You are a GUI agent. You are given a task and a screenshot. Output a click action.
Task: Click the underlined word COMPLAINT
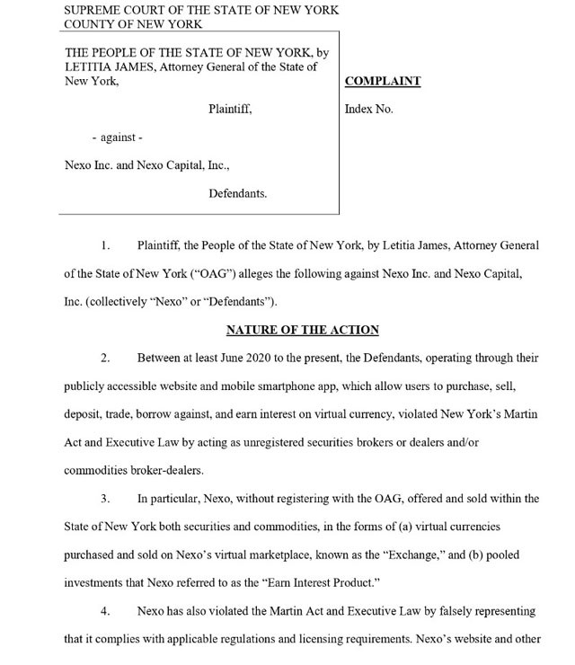(x=383, y=81)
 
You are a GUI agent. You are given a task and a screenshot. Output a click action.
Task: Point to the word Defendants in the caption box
(x=238, y=193)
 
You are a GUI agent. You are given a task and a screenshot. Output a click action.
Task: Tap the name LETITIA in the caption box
(x=89, y=66)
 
